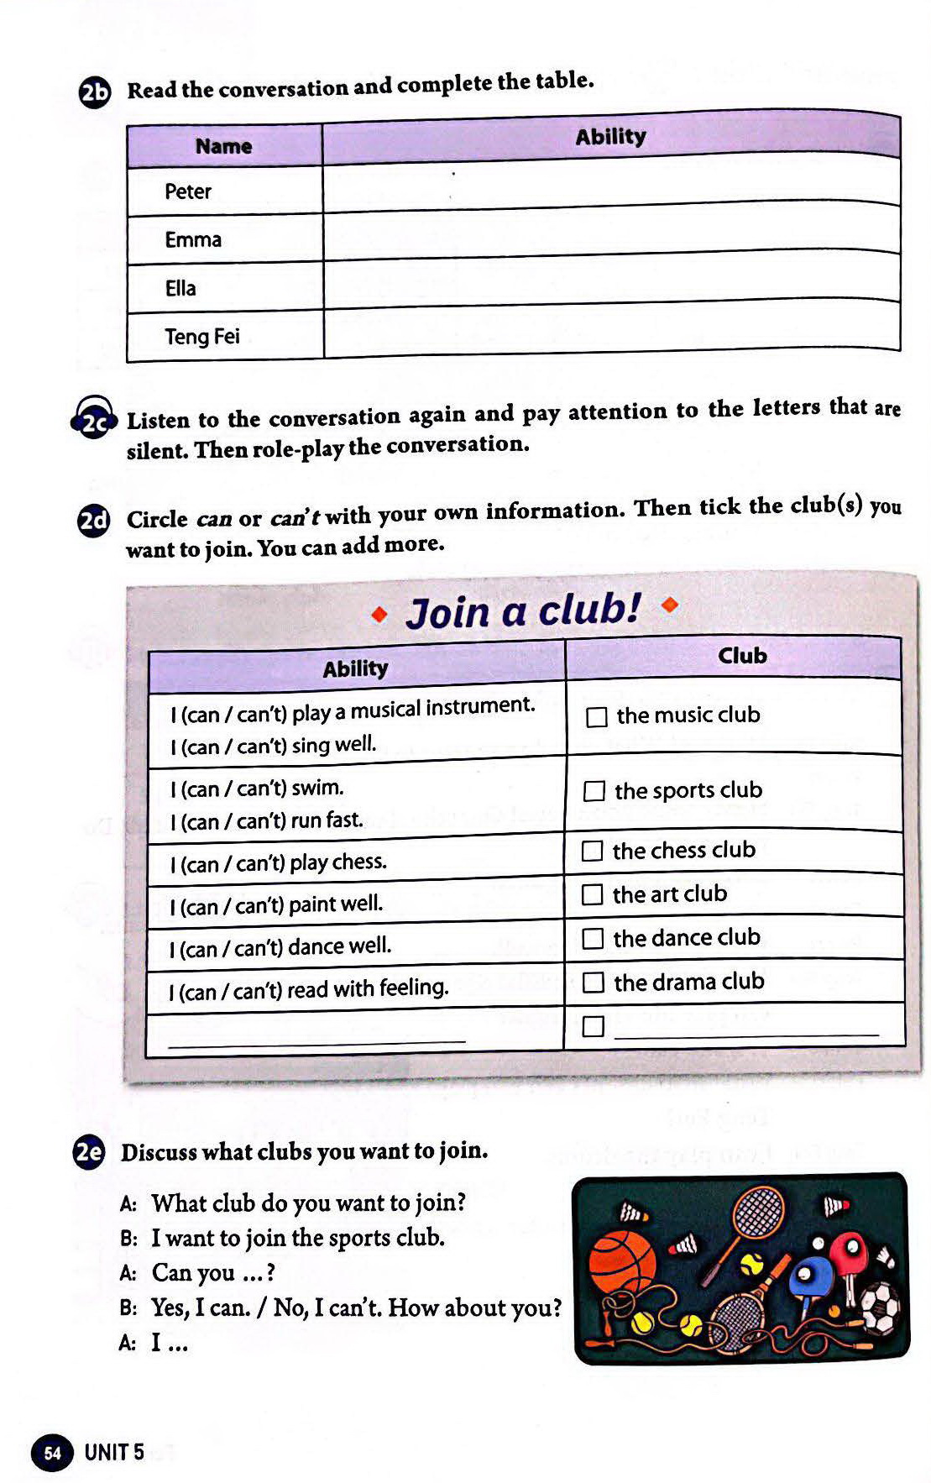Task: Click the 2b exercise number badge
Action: pos(95,92)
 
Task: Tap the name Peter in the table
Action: pos(188,191)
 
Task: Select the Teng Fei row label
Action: pos(202,337)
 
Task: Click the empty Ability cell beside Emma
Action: pos(611,231)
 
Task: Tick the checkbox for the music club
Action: pos(596,717)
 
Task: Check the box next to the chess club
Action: pos(592,852)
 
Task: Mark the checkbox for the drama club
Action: pos(593,983)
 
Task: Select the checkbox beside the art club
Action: pos(592,895)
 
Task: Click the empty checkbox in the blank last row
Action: pos(593,1026)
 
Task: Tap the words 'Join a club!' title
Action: pos(522,610)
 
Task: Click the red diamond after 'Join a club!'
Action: pos(669,604)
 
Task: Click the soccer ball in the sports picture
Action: pos(881,1308)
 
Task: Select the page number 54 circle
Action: pos(52,1453)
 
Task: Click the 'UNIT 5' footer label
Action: pos(114,1452)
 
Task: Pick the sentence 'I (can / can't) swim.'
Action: pos(257,789)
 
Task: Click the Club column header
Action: pos(742,656)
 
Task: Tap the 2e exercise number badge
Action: pos(89,1152)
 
